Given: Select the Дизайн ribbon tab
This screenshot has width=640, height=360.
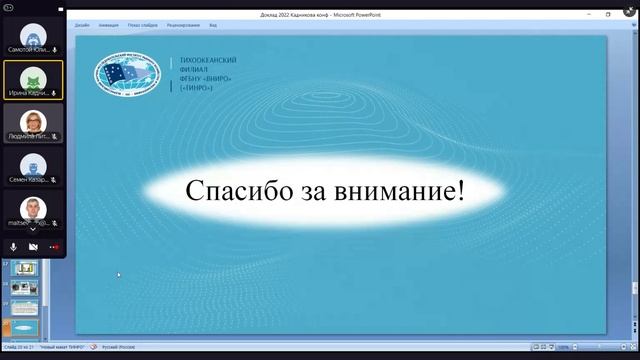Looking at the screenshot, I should pyautogui.click(x=82, y=24).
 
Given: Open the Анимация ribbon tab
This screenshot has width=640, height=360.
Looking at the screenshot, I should pyautogui.click(x=108, y=24).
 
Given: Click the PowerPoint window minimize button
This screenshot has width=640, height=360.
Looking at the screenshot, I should pyautogui.click(x=589, y=14).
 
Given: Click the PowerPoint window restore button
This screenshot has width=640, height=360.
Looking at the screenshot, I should pyautogui.click(x=608, y=14).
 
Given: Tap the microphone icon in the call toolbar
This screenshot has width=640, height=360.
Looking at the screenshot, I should pyautogui.click(x=14, y=246).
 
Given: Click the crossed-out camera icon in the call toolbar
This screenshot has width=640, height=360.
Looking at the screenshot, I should pyautogui.click(x=33, y=246).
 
